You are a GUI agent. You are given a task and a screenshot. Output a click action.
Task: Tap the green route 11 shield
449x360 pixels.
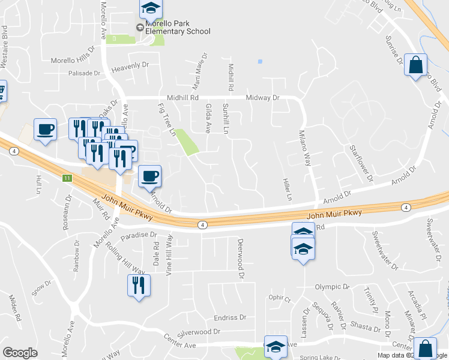coord(68,178)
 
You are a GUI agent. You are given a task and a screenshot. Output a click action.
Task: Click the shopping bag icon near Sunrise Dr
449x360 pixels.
coord(415,64)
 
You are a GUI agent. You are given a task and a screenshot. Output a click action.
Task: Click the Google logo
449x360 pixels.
coord(20,353)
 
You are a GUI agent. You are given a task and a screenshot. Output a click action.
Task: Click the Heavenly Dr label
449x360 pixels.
coord(130,66)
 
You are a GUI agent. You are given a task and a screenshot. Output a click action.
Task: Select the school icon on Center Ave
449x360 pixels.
coord(276,346)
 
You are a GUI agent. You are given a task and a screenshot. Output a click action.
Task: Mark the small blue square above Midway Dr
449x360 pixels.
coord(259,61)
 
